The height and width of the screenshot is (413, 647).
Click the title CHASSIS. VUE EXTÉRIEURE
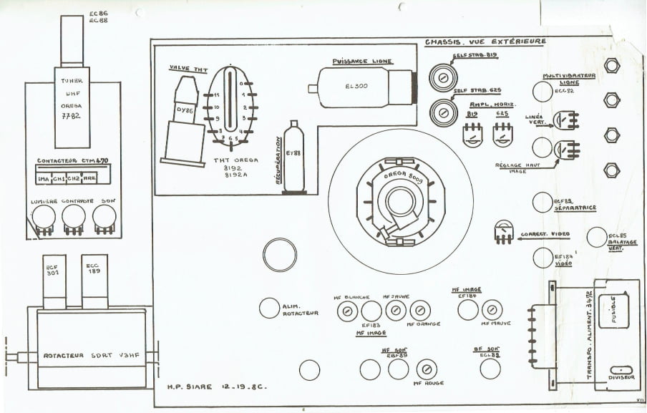pyautogui.click(x=485, y=42)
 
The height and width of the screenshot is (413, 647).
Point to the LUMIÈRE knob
pyautogui.click(x=44, y=217)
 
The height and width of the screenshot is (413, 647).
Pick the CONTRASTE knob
pyautogui.click(x=73, y=217)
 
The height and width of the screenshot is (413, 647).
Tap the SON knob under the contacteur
pyautogui.click(x=104, y=217)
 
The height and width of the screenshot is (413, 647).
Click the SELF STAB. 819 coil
pyautogui.click(x=442, y=77)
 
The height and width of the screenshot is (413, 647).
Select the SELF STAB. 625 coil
pyautogui.click(x=442, y=111)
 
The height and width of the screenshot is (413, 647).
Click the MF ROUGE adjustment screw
pyautogui.click(x=427, y=369)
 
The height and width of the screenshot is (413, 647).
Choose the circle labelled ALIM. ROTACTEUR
pyautogui.click(x=268, y=308)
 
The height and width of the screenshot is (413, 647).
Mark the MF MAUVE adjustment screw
pyautogui.click(x=492, y=310)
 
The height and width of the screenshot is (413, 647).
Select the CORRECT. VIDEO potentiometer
pyautogui.click(x=504, y=230)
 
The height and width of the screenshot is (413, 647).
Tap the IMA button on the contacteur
pyautogui.click(x=42, y=178)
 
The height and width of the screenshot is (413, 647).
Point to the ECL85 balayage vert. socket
pyautogui.click(x=596, y=237)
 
